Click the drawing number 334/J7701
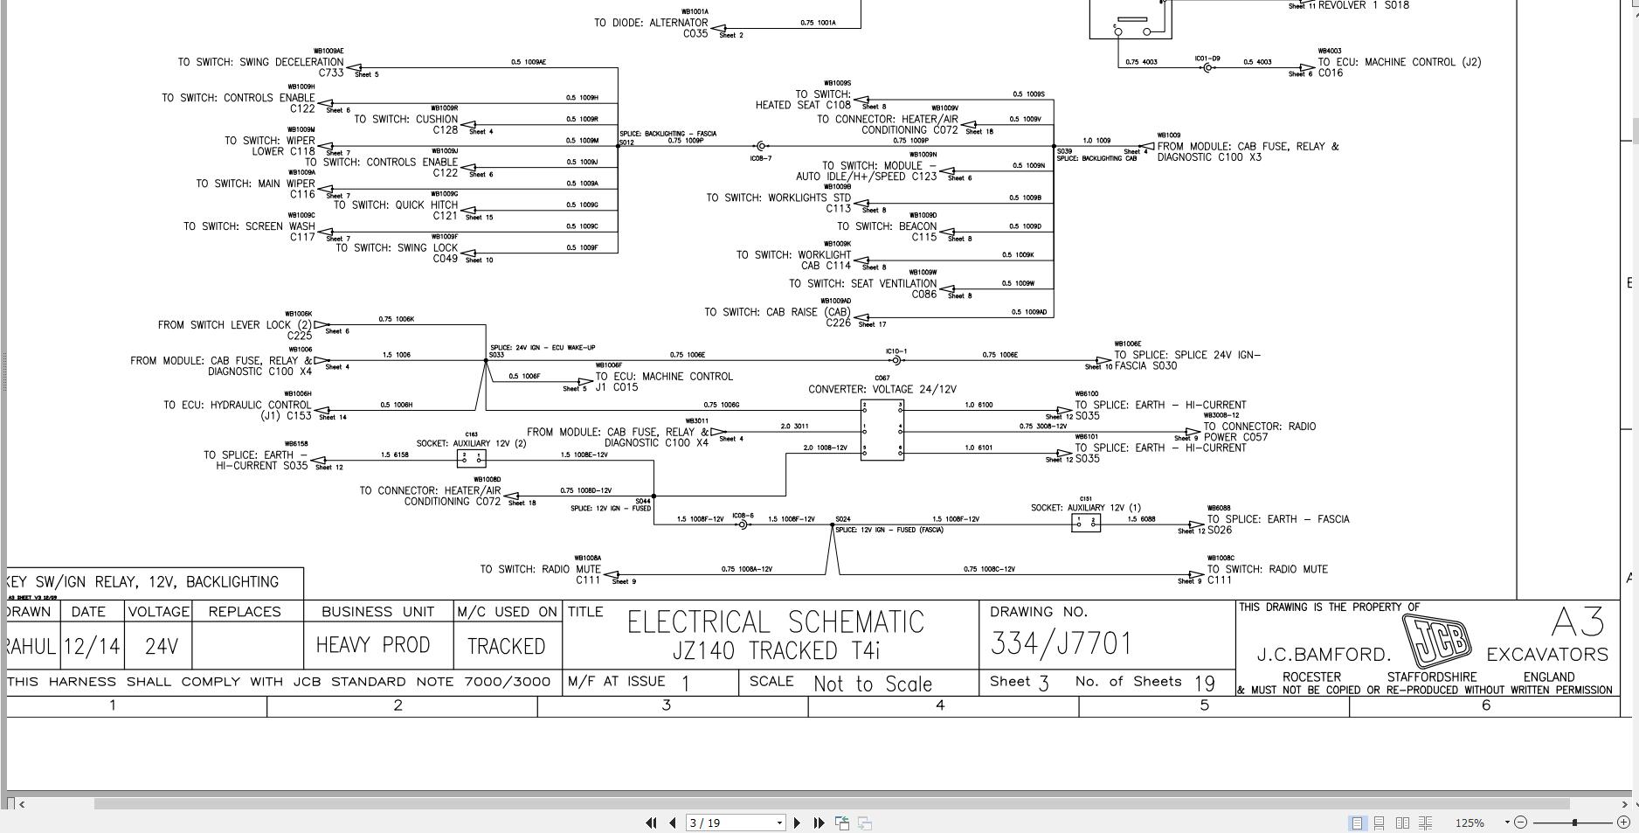pos(1061,643)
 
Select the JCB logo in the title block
pos(1436,641)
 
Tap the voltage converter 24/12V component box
pos(882,430)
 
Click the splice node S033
pos(487,360)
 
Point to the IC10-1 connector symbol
pos(896,360)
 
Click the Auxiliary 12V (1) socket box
pos(1085,523)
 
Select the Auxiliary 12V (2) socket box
pos(471,459)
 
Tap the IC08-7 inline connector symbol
pos(761,147)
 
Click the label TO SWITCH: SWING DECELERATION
pos(260,62)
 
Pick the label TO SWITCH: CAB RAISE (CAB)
pos(778,312)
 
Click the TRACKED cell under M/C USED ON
pos(506,646)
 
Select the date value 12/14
pos(92,647)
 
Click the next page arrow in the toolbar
pos(797,823)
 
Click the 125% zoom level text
pos(1470,823)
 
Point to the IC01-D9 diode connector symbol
pos(1207,67)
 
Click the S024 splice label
pos(842,519)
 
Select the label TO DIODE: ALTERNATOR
pos(651,23)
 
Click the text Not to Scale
pos(872,684)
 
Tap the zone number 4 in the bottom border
pos(940,705)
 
